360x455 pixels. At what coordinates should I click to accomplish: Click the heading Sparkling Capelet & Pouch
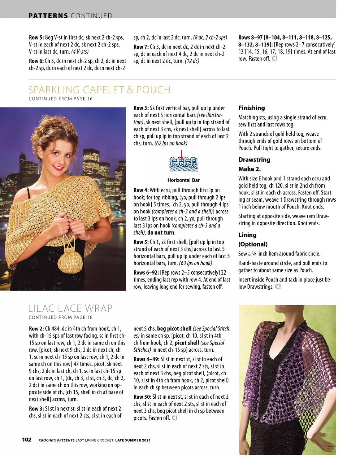coord(99,90)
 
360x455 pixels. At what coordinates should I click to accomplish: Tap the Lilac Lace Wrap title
coord(70,309)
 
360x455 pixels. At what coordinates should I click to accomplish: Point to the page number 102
coord(27,439)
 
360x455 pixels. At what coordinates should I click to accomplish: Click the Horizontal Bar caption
coord(183,180)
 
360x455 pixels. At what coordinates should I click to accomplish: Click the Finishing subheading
coord(251,108)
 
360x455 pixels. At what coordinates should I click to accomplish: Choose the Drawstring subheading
coord(254,159)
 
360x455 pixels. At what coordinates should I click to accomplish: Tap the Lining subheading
coord(247,235)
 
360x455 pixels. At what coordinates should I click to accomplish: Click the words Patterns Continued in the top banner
coord(70,16)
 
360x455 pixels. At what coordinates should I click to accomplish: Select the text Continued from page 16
coord(61,99)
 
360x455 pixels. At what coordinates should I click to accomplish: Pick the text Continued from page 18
coord(61,318)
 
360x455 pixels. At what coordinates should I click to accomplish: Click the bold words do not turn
coord(161,233)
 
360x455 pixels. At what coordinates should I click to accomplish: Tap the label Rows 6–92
coord(146,272)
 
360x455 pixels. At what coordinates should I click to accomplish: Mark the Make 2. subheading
coord(249,169)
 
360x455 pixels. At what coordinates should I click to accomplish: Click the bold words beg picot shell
coord(174,329)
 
